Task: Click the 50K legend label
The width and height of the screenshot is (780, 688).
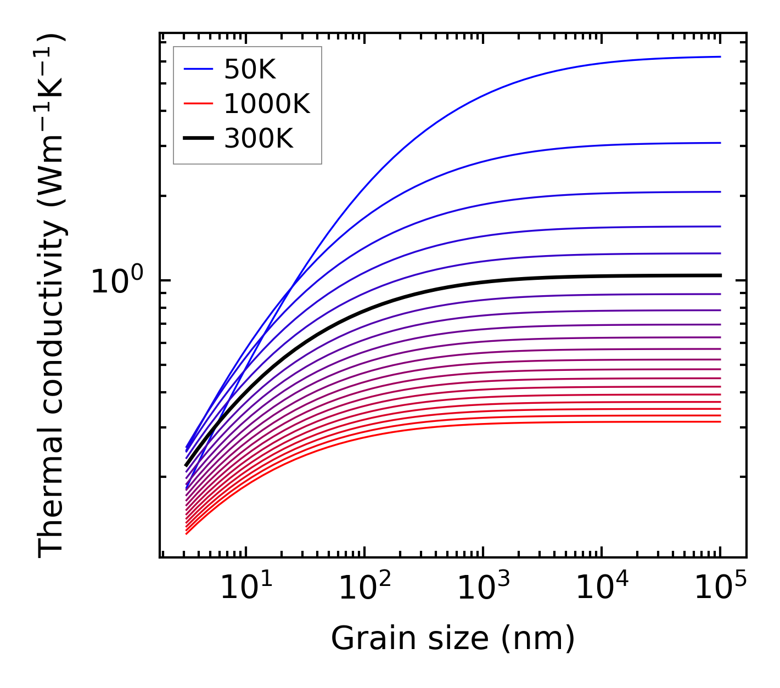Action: coord(250,70)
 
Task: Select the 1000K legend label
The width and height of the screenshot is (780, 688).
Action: coord(267,104)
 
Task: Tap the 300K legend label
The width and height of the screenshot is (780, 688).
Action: coord(259,139)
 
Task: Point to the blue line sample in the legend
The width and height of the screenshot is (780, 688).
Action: coord(198,69)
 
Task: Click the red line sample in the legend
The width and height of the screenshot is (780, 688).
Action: coord(198,103)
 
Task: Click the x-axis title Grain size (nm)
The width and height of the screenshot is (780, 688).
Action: coord(453,639)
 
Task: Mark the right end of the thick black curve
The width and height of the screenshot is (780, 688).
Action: coord(720,275)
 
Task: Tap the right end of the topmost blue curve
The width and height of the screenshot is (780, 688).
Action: coord(720,57)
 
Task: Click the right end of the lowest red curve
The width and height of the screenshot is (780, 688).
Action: coord(720,421)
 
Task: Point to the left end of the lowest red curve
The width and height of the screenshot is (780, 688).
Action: coord(187,533)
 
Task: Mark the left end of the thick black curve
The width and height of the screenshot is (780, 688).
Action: coord(186,465)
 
